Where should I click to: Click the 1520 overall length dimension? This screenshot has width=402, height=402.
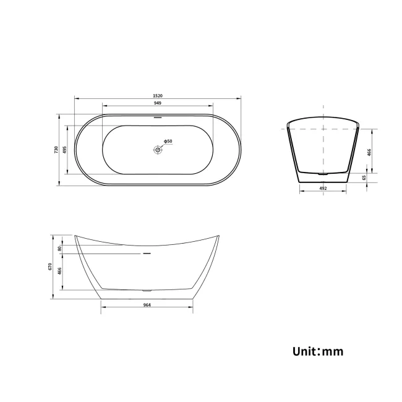pyautogui.click(x=158, y=96)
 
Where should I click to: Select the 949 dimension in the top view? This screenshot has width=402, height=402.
pyautogui.click(x=158, y=104)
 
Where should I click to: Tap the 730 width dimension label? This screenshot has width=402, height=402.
pyautogui.click(x=56, y=149)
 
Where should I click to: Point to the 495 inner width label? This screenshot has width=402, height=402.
pyautogui.click(x=64, y=149)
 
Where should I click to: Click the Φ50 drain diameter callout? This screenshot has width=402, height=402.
pyautogui.click(x=168, y=142)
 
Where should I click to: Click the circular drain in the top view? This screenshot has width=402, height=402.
pyautogui.click(x=158, y=149)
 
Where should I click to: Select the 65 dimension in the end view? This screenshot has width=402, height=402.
pyautogui.click(x=364, y=177)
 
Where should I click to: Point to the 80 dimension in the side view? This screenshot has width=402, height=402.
pyautogui.click(x=59, y=249)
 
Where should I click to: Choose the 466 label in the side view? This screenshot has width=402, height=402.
pyautogui.click(x=59, y=271)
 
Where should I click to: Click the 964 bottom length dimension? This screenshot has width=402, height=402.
pyautogui.click(x=147, y=305)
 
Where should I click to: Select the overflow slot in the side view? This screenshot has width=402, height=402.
pyautogui.click(x=147, y=253)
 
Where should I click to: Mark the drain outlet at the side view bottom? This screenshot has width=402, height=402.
pyautogui.click(x=147, y=290)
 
